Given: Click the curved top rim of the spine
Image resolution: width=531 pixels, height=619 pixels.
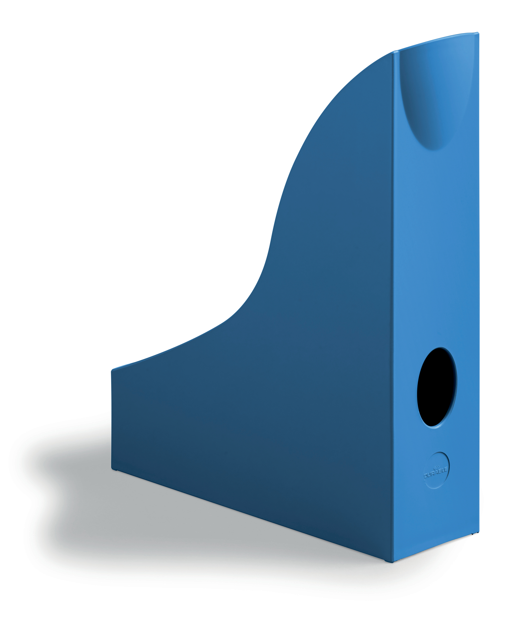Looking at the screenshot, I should [436, 40].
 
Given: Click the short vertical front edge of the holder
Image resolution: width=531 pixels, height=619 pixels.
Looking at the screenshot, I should [112, 418].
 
